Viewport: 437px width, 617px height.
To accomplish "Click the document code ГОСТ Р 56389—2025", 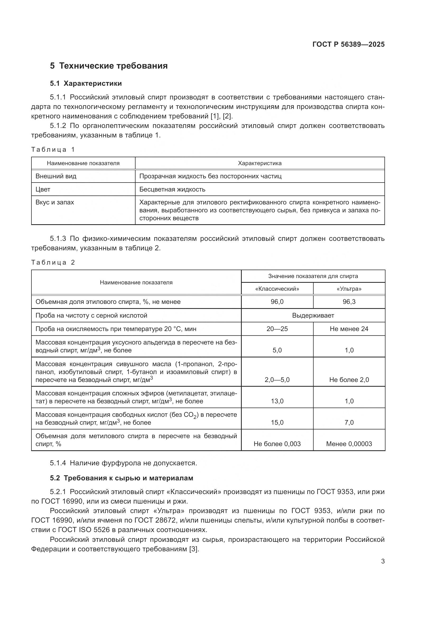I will (348, 44).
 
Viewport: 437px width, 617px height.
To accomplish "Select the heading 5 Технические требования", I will (109, 66).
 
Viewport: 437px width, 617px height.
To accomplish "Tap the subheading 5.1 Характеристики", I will (86, 84).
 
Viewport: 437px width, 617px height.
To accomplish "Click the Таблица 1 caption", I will (53, 150).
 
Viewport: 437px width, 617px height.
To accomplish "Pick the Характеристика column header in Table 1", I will (260, 163).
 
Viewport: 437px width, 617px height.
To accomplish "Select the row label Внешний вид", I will (56, 176).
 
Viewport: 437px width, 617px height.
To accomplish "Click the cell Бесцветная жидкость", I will (172, 189).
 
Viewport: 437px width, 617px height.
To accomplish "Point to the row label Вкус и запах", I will (55, 202).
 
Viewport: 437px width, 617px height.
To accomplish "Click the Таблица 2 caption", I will (53, 262).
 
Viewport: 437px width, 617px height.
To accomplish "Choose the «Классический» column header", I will (277, 289).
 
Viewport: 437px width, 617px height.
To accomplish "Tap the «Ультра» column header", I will (349, 289).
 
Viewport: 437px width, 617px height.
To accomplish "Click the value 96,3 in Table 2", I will (349, 302).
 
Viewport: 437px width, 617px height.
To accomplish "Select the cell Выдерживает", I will (313, 315).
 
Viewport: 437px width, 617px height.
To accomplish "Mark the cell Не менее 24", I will (349, 329).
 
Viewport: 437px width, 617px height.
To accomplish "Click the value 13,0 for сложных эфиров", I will (277, 401).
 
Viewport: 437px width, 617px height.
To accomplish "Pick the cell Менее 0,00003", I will (349, 444).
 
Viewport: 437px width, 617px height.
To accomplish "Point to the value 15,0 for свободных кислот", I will (277, 422).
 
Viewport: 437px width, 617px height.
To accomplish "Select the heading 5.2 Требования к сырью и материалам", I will (122, 478).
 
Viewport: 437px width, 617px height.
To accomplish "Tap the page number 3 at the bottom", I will (383, 561).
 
